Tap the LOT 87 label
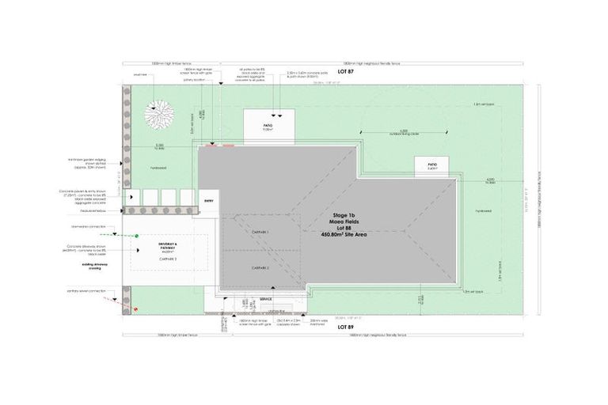tap(344, 72)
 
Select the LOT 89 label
tap(344, 326)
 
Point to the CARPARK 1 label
tap(260, 232)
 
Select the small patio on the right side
tap(432, 167)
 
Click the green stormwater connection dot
tap(136, 235)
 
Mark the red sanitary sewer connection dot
tap(135, 309)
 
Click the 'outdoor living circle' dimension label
tap(404, 134)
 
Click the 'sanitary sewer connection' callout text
tap(88, 292)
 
